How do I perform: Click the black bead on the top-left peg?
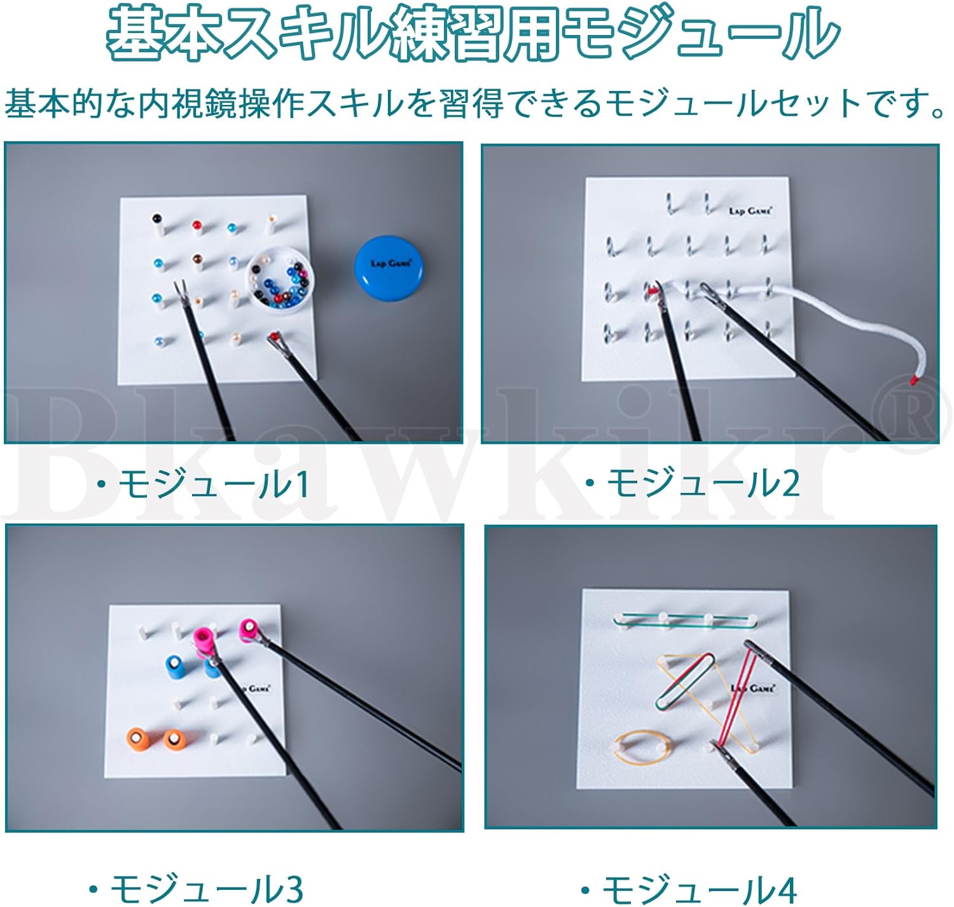156,219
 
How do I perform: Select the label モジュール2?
693,484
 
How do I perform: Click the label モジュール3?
197,888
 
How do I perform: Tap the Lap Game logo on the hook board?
750,211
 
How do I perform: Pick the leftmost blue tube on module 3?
173,667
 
